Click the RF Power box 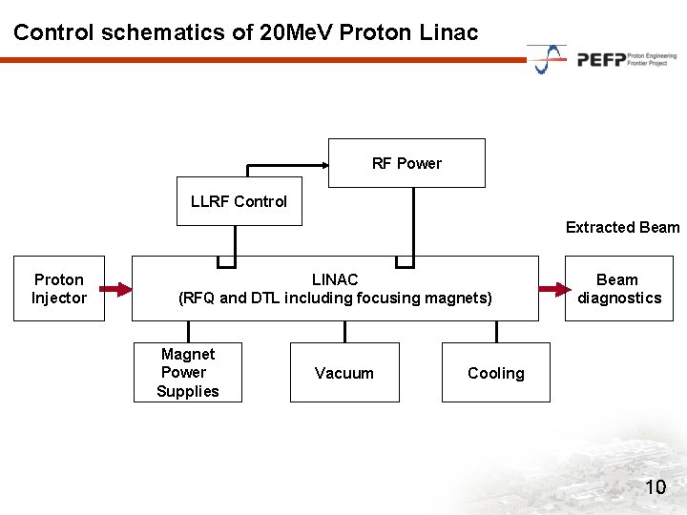406,163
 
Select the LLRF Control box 239,201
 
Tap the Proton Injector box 59,288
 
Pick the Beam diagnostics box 618,288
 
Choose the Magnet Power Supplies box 188,372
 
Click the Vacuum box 343,373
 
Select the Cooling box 496,373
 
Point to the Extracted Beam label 622,227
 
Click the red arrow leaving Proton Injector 117,288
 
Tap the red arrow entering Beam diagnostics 552,288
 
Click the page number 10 656,488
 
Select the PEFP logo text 601,60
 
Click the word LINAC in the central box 335,279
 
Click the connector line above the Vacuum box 344,331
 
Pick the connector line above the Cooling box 496,331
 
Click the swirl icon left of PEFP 548,59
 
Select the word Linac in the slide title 448,31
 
